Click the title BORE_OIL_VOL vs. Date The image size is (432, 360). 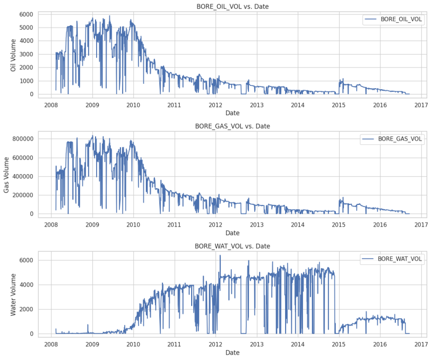click(x=232, y=6)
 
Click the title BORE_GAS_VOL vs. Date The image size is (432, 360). click(x=232, y=126)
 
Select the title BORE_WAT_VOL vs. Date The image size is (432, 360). click(x=232, y=246)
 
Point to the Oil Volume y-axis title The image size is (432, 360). click(x=13, y=53)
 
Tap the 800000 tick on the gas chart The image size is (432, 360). click(x=22, y=139)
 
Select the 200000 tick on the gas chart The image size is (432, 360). click(x=22, y=195)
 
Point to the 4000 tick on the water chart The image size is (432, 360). click(x=26, y=285)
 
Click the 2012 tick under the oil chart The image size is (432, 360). click(x=215, y=105)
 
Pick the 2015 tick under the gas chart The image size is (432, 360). click(x=339, y=224)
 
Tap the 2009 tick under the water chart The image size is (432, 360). click(x=92, y=344)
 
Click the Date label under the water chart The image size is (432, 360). click(x=232, y=353)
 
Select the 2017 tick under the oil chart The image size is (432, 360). click(x=421, y=105)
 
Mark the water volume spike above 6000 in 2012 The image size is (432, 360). click(x=220, y=256)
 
